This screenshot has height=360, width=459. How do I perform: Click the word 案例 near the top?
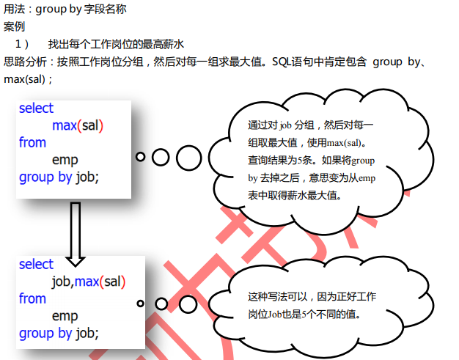14,26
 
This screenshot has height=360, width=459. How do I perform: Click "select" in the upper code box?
37,108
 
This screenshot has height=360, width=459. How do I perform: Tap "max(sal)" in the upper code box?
78,125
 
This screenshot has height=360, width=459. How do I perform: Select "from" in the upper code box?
32,142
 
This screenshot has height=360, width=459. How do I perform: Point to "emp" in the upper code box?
65,160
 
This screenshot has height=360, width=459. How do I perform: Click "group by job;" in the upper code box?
59,177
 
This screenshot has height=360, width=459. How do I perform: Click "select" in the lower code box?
37,264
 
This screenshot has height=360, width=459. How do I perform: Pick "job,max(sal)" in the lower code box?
89,282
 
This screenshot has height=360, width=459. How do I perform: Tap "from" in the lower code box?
32,298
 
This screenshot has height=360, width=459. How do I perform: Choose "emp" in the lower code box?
65,316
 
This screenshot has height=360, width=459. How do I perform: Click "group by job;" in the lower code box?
59,334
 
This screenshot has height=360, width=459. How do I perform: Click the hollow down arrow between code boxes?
76,234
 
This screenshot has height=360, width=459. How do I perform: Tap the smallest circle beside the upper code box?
141,157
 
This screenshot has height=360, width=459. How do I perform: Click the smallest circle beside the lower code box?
141,304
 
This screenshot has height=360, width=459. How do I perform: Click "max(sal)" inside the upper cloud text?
344,143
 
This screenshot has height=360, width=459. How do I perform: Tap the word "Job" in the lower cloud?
275,315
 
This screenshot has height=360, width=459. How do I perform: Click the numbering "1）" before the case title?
22,44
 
